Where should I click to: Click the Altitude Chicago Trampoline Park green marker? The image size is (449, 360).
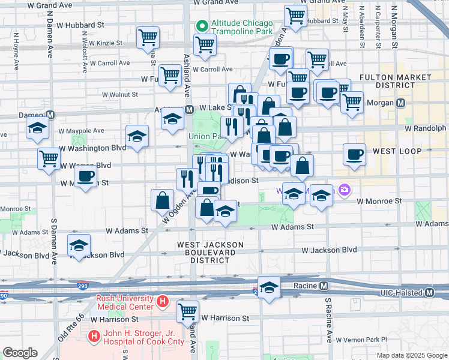(202, 27)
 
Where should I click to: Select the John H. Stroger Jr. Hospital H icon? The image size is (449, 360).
(94, 337)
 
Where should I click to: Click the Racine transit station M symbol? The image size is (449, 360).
(324, 285)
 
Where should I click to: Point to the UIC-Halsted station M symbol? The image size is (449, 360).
(429, 293)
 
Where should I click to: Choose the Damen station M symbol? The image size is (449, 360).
(50, 115)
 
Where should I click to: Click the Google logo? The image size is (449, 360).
(20, 353)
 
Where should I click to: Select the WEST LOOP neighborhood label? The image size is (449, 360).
(397, 151)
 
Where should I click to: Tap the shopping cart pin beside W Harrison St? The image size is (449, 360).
(188, 312)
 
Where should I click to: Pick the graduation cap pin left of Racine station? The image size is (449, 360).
(270, 287)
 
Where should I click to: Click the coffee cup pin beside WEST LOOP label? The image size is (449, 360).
(354, 154)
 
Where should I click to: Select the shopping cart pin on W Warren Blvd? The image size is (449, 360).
(49, 158)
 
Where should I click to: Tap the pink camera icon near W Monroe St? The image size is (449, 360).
(345, 190)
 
